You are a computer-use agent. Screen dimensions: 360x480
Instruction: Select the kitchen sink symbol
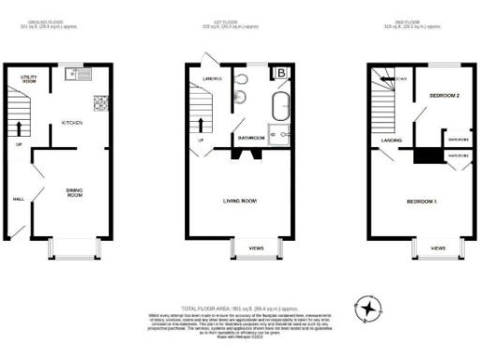(x=75, y=73)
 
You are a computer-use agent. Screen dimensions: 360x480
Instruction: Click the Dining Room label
(x=74, y=193)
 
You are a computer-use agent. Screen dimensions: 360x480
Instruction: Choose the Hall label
(x=18, y=199)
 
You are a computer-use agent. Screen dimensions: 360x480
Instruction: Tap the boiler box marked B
(x=279, y=73)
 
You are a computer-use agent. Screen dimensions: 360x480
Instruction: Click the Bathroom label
(x=250, y=139)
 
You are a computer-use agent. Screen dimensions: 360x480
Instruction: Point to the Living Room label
(x=239, y=201)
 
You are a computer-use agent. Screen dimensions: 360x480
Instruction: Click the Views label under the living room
(x=255, y=247)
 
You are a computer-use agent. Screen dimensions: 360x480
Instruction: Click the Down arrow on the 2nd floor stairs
(x=398, y=79)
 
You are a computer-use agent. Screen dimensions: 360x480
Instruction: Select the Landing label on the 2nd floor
(x=391, y=141)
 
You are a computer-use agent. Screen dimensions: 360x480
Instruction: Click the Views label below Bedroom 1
(x=438, y=247)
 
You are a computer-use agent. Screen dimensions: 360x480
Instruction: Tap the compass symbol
(x=368, y=309)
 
